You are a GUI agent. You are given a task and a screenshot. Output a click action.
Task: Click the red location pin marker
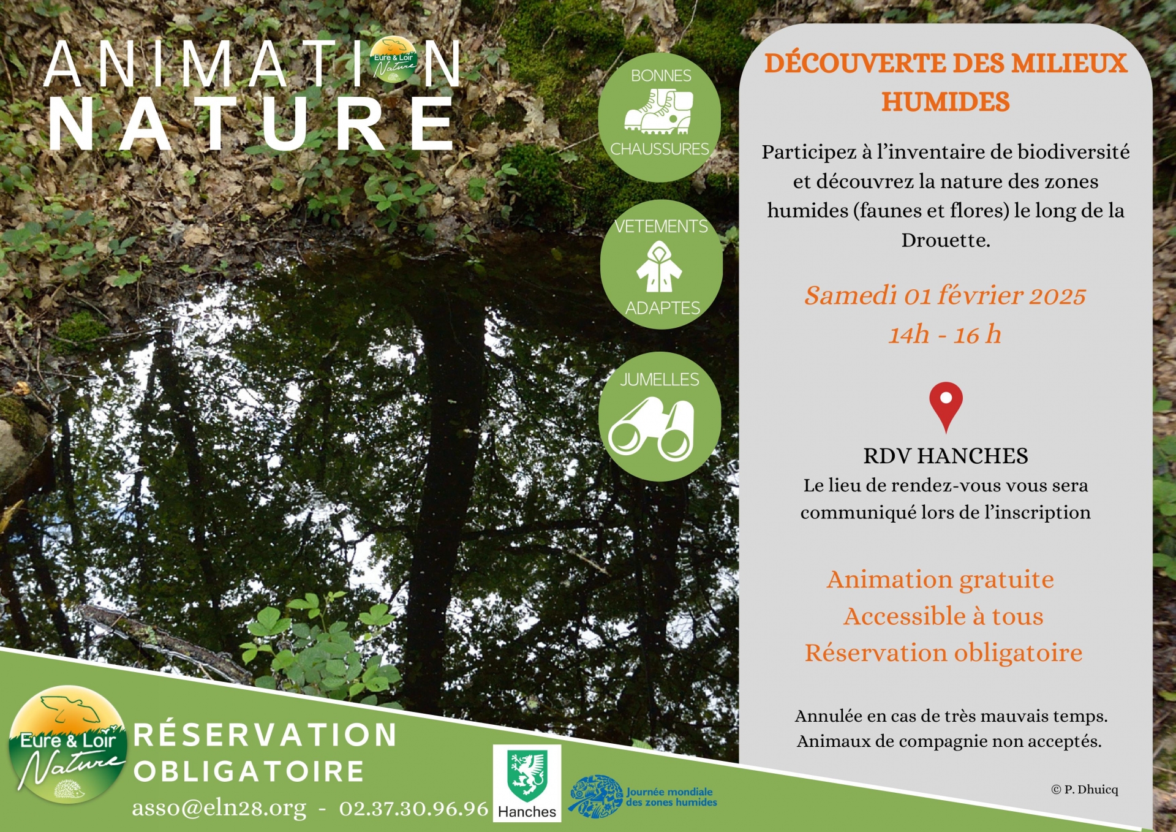tap(946, 404)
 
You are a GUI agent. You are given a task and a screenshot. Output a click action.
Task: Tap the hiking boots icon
tap(658, 112)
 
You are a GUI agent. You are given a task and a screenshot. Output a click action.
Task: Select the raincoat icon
tap(659, 267)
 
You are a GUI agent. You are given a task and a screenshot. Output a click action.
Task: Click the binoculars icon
tap(652, 428)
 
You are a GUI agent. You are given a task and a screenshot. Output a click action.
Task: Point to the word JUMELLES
tap(660, 380)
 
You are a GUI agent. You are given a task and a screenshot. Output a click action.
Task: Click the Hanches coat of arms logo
tap(527, 782)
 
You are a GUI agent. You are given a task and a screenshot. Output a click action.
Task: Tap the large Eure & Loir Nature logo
tap(67, 744)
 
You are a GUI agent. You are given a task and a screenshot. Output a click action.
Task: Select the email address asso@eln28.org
tap(219, 809)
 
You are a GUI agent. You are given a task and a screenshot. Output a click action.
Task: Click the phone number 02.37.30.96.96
tap(414, 809)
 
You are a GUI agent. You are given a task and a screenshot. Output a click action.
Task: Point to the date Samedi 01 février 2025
tap(945, 295)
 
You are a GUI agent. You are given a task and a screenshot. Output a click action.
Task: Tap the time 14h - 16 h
tap(945, 335)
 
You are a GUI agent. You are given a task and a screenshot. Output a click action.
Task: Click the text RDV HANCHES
tap(946, 456)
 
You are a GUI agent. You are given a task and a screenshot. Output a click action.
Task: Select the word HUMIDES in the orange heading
tap(946, 102)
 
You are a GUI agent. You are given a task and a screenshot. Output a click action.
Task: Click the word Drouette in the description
tap(945, 240)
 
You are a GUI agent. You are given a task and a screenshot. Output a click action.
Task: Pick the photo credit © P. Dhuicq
tap(1085, 790)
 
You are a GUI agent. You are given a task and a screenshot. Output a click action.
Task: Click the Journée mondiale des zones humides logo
tap(643, 796)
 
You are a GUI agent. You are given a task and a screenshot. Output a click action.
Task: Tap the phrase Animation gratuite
tap(941, 580)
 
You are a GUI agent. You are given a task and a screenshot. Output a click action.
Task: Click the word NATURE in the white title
tap(251, 124)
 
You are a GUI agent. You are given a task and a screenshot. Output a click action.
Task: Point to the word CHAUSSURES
tap(660, 149)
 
